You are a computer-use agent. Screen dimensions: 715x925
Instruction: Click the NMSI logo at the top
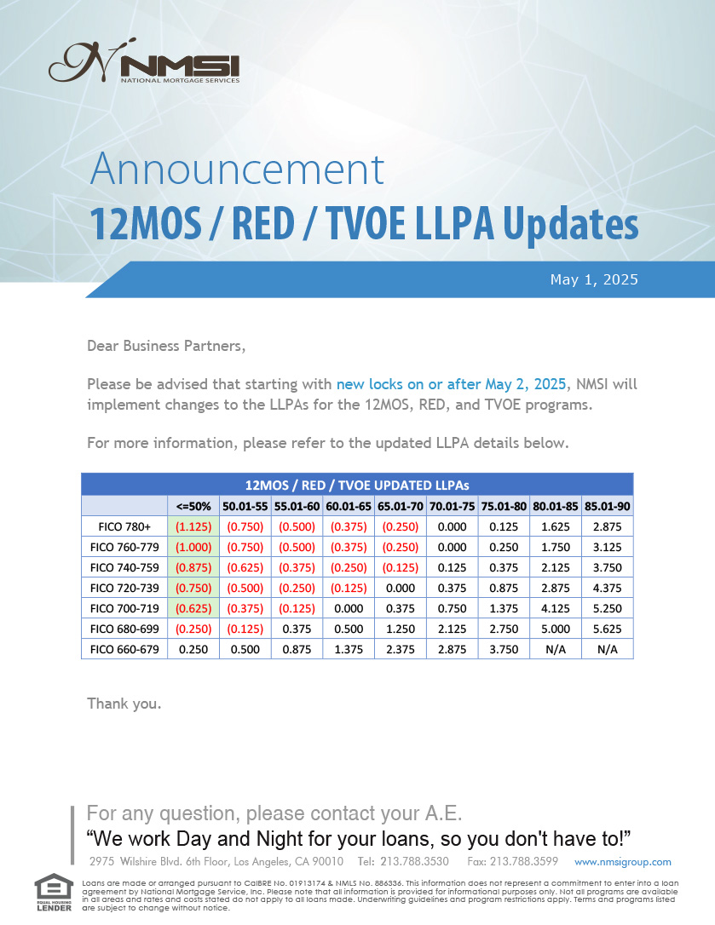point(144,60)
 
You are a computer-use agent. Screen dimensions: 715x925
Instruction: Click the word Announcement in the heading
point(238,169)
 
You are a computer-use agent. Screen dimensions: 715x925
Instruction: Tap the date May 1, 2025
point(594,279)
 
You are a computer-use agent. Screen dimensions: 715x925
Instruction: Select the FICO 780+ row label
point(124,526)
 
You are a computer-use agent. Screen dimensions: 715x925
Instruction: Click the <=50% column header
point(193,506)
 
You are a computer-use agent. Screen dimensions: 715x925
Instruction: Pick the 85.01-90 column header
point(608,506)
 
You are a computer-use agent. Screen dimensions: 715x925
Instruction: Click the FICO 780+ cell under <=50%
point(193,526)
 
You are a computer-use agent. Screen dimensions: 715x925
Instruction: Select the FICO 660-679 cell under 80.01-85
point(556,650)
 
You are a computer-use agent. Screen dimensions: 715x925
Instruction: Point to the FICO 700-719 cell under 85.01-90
point(608,608)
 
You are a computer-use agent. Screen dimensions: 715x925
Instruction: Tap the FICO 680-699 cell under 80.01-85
point(556,629)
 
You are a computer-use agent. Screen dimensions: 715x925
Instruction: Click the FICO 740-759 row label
point(124,567)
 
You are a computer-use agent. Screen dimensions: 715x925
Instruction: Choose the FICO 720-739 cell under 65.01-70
point(401,589)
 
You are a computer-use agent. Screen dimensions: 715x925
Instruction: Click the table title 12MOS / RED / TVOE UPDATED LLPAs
point(357,485)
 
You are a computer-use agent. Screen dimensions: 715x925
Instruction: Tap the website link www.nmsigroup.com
point(623,862)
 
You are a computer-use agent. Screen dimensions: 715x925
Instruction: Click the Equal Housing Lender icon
point(54,893)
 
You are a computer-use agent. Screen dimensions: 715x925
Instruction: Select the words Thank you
point(124,704)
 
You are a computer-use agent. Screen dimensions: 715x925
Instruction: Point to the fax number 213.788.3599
point(512,861)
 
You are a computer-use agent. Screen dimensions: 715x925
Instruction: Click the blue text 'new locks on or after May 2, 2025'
point(451,384)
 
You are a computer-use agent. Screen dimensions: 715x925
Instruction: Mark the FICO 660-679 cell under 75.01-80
point(504,650)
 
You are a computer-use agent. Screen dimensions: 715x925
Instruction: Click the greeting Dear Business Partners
point(166,346)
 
